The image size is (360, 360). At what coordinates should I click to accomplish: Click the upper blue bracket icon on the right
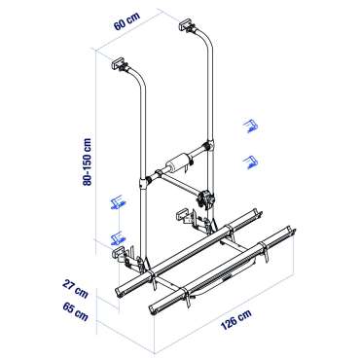tap(251, 125)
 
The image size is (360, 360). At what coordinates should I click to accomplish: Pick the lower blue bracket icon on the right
tap(254, 161)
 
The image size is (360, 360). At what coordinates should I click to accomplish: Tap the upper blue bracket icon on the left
tap(118, 201)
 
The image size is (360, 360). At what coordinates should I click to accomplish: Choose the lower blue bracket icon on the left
tap(119, 235)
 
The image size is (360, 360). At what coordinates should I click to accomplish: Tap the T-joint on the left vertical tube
tap(147, 181)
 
